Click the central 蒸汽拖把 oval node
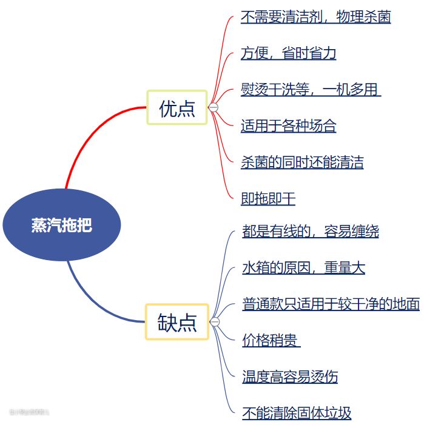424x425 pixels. [62, 225]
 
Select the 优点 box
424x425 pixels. [177, 107]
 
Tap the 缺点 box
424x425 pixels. [177, 321]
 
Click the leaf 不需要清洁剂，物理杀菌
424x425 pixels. [315, 17]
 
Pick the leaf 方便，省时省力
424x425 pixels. [288, 53]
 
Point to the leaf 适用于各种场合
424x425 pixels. [288, 126]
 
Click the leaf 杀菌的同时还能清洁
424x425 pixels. [302, 162]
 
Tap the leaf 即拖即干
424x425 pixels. [268, 199]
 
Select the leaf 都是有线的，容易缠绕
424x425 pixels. [310, 232]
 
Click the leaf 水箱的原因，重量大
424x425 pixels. [303, 268]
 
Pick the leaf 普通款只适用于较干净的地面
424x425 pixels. [331, 304]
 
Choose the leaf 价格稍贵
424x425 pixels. [271, 341]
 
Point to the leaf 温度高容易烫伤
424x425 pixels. [290, 377]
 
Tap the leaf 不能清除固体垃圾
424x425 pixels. [297, 413]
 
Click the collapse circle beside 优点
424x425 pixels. [213, 107]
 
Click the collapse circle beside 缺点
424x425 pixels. [214, 321]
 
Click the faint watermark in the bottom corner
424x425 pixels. [29, 412]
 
